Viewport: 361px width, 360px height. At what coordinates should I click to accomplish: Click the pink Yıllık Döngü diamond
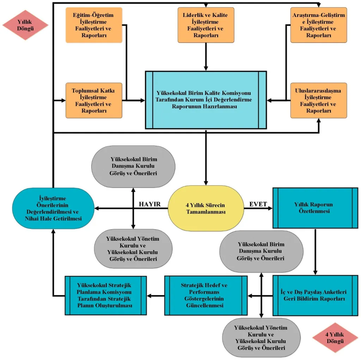[x=25, y=25]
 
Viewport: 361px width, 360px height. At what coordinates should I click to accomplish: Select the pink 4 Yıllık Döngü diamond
[x=335, y=338]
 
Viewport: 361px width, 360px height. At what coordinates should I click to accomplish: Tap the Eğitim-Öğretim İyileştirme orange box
[x=94, y=25]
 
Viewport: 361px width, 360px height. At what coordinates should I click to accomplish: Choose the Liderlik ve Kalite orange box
[x=206, y=25]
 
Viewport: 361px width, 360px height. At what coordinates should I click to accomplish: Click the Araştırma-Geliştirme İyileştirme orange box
[x=319, y=25]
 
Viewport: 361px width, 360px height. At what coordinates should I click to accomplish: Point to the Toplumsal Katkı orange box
[x=94, y=101]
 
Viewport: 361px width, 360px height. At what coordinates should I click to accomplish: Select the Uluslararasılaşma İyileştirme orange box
[x=319, y=101]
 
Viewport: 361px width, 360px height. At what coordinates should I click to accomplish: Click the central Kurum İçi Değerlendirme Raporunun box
[x=206, y=100]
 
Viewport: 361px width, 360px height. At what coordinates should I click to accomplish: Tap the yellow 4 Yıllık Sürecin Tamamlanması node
[x=206, y=208]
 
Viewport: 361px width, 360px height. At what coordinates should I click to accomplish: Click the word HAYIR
[x=149, y=204]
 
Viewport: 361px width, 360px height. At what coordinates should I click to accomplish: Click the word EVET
[x=258, y=204]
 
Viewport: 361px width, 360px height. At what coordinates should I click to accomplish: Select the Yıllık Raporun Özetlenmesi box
[x=315, y=208]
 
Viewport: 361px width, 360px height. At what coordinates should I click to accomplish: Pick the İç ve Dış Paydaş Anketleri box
[x=315, y=295]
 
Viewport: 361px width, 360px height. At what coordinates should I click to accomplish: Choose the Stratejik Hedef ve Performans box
[x=206, y=295]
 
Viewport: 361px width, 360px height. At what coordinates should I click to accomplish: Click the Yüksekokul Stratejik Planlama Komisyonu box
[x=106, y=295]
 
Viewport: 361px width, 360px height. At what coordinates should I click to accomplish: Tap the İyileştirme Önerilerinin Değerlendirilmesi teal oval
[x=53, y=208]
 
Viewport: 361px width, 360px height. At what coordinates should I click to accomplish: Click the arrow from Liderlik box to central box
[x=206, y=57]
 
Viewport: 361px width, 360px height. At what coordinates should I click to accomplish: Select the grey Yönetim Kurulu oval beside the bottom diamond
[x=261, y=338]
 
